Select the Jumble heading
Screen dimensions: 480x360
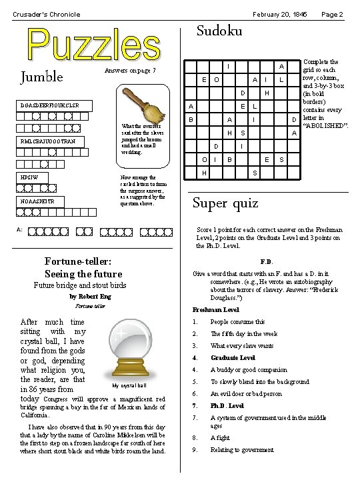(x=43, y=77)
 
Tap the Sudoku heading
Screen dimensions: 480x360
(x=219, y=31)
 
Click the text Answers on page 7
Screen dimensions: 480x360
(x=130, y=71)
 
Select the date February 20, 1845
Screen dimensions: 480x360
(x=279, y=14)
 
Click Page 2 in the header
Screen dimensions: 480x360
(x=331, y=14)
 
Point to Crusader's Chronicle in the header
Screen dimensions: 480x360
(x=47, y=14)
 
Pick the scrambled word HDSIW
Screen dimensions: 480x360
(x=29, y=179)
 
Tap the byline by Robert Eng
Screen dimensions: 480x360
(x=91, y=296)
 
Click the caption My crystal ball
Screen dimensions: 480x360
(x=129, y=385)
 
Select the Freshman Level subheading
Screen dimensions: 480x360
(x=215, y=310)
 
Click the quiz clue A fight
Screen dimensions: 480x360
(x=221, y=438)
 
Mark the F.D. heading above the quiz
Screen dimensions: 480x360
(x=266, y=262)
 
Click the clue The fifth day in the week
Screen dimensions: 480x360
(x=243, y=334)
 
